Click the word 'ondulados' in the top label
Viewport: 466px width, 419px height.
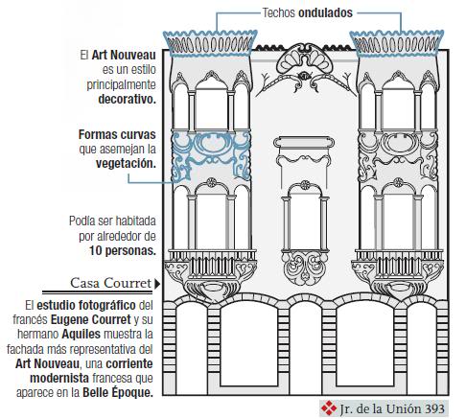[325, 12]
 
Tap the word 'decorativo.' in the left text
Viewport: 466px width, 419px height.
[127, 99]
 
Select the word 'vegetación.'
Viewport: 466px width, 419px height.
[126, 163]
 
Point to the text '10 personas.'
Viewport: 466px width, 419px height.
[123, 250]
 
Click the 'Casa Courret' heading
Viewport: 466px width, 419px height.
[110, 283]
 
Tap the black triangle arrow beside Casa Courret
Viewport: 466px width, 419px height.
[157, 284]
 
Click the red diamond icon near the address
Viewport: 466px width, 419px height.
[329, 408]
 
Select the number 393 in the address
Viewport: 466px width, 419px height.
[434, 408]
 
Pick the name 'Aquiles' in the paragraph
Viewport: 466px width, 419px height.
[82, 334]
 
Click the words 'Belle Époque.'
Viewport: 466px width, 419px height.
[118, 392]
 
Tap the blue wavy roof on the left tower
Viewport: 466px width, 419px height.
[210, 43]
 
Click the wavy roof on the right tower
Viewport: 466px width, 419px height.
[397, 43]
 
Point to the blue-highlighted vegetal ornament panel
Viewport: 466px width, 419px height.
[211, 156]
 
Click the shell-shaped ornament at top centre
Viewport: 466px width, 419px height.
[305, 58]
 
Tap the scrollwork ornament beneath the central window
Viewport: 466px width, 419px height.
[305, 268]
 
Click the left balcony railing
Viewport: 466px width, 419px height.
[211, 264]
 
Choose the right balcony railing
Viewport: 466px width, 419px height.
[399, 264]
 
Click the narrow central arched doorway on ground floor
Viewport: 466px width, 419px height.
[305, 347]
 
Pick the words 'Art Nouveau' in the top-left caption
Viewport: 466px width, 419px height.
[124, 55]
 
